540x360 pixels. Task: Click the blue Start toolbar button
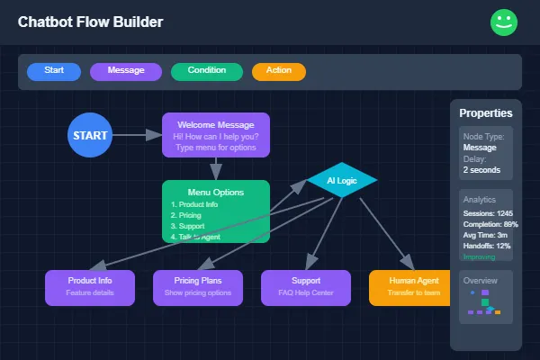click(54, 71)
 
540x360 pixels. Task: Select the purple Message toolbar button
click(126, 71)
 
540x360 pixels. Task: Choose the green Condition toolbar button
click(207, 71)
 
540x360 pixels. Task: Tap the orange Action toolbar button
click(279, 71)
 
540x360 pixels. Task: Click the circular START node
click(90, 135)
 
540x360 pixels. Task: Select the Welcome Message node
click(215, 135)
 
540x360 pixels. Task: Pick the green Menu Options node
click(215, 211)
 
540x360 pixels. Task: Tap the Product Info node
click(90, 287)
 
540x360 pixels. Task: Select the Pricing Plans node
click(198, 287)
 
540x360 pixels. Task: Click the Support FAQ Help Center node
click(306, 287)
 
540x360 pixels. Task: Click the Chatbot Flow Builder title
click(90, 22)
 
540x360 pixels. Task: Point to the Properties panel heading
click(486, 113)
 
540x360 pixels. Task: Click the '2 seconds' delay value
click(482, 169)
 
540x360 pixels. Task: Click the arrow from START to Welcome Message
click(137, 135)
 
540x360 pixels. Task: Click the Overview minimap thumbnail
click(485, 304)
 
